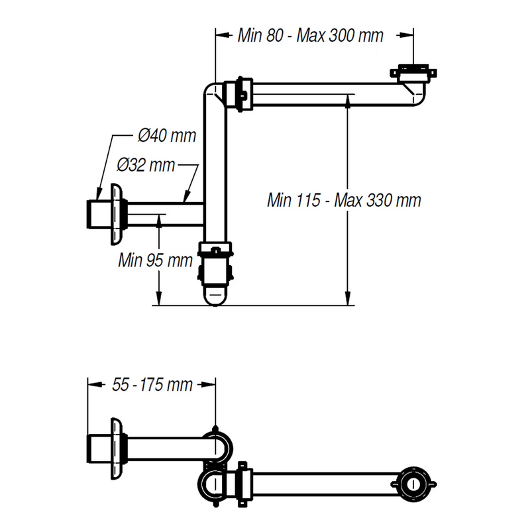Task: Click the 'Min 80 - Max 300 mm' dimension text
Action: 310,36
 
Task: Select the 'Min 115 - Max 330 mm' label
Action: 344,199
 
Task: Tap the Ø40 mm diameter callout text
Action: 167,136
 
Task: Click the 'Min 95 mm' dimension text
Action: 155,260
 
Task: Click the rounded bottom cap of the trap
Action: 215,295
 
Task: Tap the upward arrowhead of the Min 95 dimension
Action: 159,219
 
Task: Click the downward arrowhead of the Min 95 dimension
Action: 159,301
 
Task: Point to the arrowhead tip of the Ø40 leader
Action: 98,197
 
